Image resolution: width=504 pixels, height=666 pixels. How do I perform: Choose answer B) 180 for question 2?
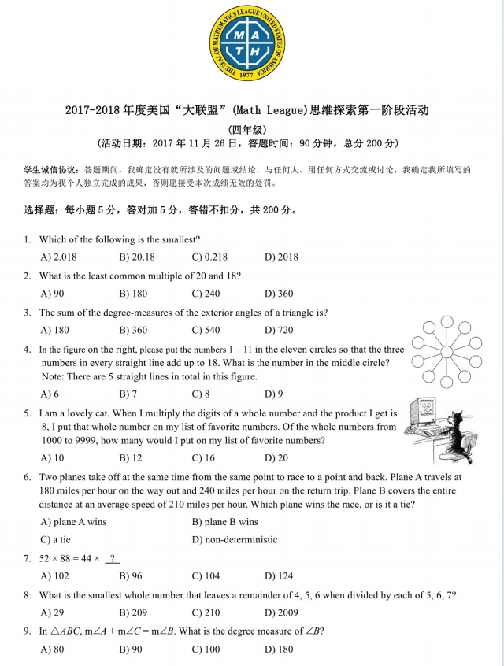coord(133,294)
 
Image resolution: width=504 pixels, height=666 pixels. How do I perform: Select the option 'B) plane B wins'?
coord(224,522)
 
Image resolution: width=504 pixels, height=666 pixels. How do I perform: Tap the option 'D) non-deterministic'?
coord(234,540)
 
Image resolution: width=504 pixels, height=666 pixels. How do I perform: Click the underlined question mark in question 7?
coord(113,559)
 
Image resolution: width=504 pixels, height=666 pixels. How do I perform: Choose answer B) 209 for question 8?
coord(133,613)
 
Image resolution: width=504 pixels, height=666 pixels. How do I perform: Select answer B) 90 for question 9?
coord(130,649)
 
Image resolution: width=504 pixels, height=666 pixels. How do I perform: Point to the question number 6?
coord(28,478)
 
